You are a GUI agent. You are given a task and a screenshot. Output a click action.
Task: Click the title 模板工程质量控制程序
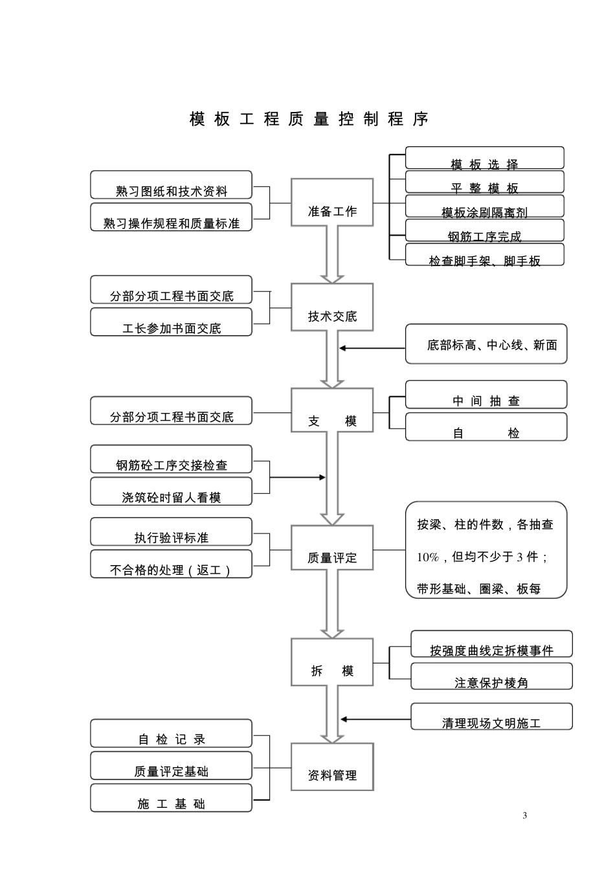coord(309,119)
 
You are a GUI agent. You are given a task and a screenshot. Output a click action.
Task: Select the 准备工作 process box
coord(332,203)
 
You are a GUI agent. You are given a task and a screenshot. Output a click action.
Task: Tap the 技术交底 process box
coord(332,307)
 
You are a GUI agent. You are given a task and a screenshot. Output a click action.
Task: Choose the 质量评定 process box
coord(332,548)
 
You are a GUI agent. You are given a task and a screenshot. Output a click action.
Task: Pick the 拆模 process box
coord(332,662)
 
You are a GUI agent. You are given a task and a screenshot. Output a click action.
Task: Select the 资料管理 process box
coord(332,767)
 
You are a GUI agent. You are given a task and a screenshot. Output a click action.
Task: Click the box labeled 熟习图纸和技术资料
coord(171,186)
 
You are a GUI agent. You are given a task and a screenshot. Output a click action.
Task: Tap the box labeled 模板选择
coord(484,159)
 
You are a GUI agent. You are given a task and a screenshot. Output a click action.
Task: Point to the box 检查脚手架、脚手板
coord(484,256)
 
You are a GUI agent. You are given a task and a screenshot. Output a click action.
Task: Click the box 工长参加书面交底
coord(171,322)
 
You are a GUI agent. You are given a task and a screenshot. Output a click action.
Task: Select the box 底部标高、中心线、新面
coord(486,344)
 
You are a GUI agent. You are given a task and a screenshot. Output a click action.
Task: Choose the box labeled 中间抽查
coord(486,396)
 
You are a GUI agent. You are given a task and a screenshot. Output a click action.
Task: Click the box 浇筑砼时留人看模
coord(171,492)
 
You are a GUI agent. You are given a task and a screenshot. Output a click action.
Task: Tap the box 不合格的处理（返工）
coord(171,564)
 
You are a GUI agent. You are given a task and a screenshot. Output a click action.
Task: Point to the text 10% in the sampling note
coord(427,557)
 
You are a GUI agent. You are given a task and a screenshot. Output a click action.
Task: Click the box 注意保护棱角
coord(491,677)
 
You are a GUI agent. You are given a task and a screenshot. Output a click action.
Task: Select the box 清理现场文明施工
coord(491,717)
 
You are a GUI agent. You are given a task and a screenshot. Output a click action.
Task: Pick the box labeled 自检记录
coord(171,734)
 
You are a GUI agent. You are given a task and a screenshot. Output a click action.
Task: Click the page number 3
coord(524,816)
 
